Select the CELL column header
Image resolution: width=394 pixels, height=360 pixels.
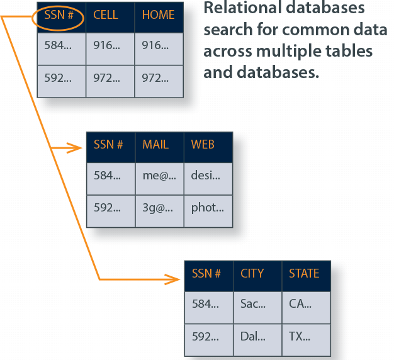(106, 14)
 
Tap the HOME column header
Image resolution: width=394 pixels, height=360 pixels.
(158, 14)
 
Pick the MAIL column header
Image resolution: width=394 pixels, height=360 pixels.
(155, 144)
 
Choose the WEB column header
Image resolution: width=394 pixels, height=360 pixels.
(203, 144)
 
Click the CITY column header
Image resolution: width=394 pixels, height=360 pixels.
(252, 274)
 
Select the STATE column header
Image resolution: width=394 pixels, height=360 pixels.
(304, 274)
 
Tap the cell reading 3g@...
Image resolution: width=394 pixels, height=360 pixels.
(158, 207)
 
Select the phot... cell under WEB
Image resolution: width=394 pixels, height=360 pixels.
(207, 207)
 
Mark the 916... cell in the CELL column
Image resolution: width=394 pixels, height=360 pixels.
(106, 45)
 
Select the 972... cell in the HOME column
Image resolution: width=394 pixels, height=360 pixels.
(156, 79)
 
